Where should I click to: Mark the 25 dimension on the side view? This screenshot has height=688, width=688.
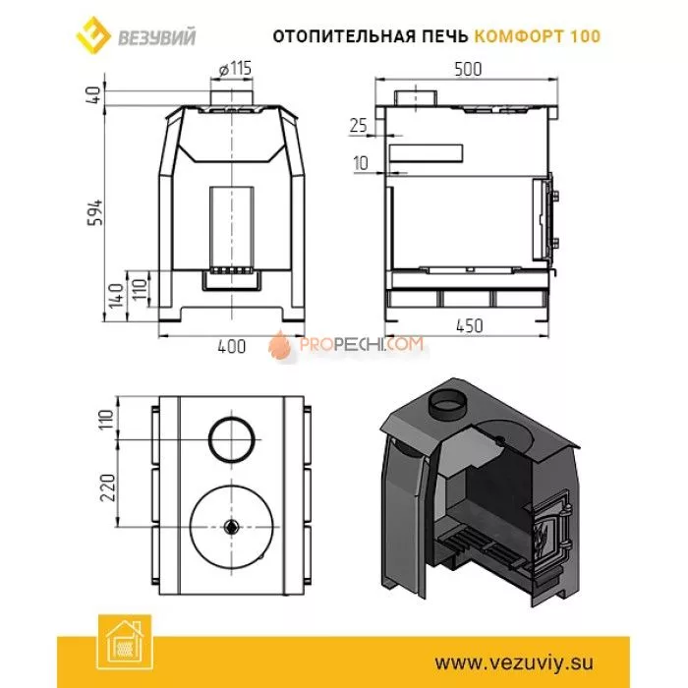click(x=357, y=126)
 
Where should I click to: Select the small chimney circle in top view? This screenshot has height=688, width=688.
click(x=233, y=435)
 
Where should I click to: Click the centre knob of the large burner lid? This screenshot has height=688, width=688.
click(x=233, y=527)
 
